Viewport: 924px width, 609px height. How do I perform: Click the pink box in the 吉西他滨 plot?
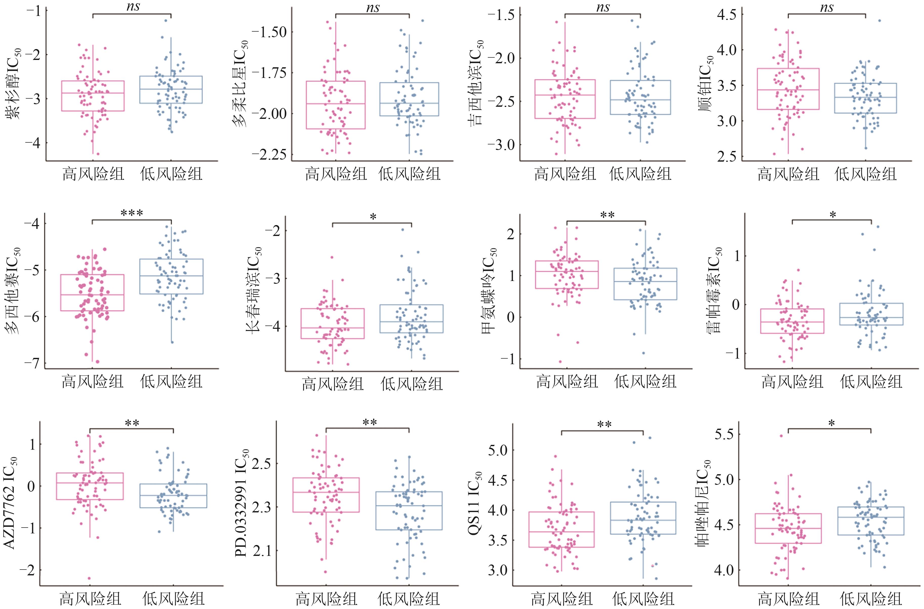565,99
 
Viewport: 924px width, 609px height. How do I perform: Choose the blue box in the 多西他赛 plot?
171,276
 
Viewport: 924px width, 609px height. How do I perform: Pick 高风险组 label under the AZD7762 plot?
90,598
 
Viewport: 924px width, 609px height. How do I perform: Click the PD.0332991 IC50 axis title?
242,503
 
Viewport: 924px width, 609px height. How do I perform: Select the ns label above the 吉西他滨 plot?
603,7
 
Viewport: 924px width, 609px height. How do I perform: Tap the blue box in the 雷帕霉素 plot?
871,314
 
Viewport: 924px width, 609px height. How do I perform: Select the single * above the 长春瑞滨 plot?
373,217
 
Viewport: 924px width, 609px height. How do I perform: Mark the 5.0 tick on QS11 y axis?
498,450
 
